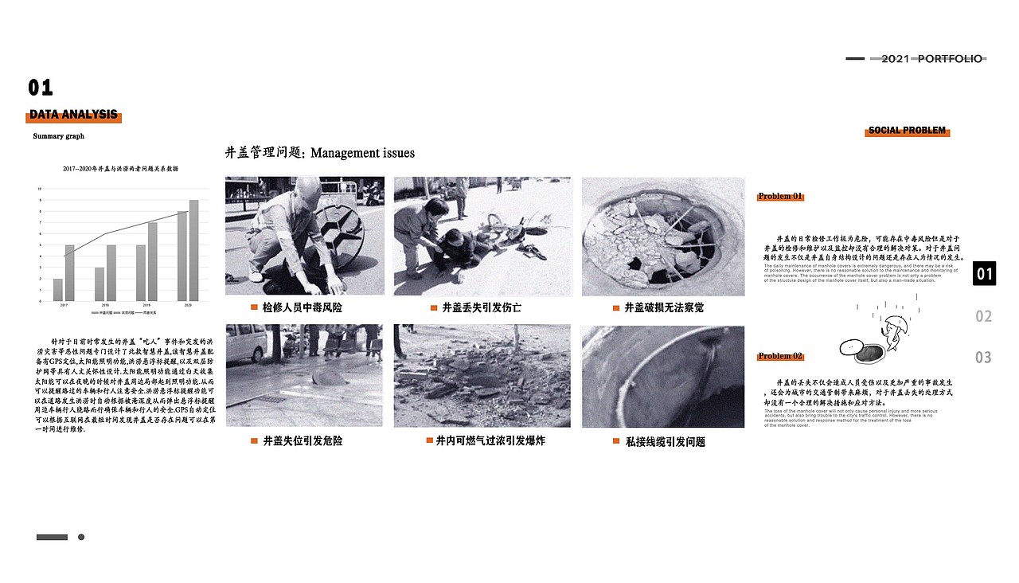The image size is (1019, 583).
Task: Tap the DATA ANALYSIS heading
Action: tap(73, 115)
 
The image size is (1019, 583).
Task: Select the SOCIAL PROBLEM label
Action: tap(907, 131)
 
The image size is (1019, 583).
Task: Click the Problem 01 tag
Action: tap(780, 197)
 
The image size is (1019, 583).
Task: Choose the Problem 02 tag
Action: tap(780, 356)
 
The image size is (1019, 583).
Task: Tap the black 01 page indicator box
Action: tap(985, 274)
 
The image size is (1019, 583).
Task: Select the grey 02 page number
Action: tap(984, 316)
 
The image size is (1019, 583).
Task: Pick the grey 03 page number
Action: tap(984, 358)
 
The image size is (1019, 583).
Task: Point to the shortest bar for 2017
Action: tap(58, 290)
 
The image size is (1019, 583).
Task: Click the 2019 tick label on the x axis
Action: tap(146, 306)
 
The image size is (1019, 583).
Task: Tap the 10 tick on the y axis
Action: tap(40, 189)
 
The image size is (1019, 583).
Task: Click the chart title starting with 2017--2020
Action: tap(120, 170)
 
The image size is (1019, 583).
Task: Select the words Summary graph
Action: tap(58, 137)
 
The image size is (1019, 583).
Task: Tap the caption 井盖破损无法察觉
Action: tap(663, 307)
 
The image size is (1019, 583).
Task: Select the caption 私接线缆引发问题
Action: tap(665, 441)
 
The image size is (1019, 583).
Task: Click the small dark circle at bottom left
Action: tap(81, 537)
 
